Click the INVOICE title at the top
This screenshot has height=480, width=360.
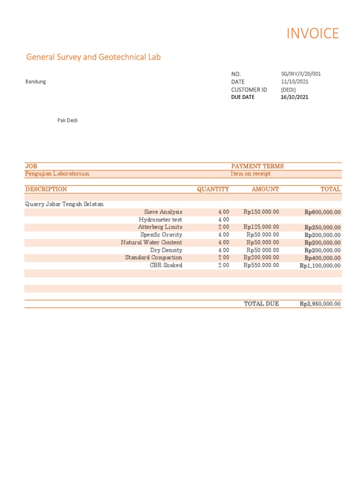(312, 34)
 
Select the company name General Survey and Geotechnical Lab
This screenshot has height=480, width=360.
(93, 57)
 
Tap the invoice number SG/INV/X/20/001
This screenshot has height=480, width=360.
(300, 74)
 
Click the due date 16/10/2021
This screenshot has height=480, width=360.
(294, 97)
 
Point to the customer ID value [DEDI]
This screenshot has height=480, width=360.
(288, 90)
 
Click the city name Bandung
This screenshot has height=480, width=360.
(36, 82)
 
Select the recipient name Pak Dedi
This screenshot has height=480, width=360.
(67, 120)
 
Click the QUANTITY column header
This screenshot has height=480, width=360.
(213, 189)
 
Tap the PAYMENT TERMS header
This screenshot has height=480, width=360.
(257, 166)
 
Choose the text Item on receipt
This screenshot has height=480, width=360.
(251, 174)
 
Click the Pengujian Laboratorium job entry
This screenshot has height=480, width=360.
(57, 174)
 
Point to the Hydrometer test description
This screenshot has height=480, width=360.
(160, 220)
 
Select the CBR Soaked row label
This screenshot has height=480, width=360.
(166, 265)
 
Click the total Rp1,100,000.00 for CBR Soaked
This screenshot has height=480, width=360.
(320, 266)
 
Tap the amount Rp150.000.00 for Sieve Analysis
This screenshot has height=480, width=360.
(261, 212)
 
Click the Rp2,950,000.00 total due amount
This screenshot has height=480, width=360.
(320, 304)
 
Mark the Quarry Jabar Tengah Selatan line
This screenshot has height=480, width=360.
(64, 204)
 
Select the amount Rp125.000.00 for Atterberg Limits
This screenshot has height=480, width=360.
(261, 227)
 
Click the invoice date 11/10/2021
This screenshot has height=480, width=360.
(294, 82)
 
